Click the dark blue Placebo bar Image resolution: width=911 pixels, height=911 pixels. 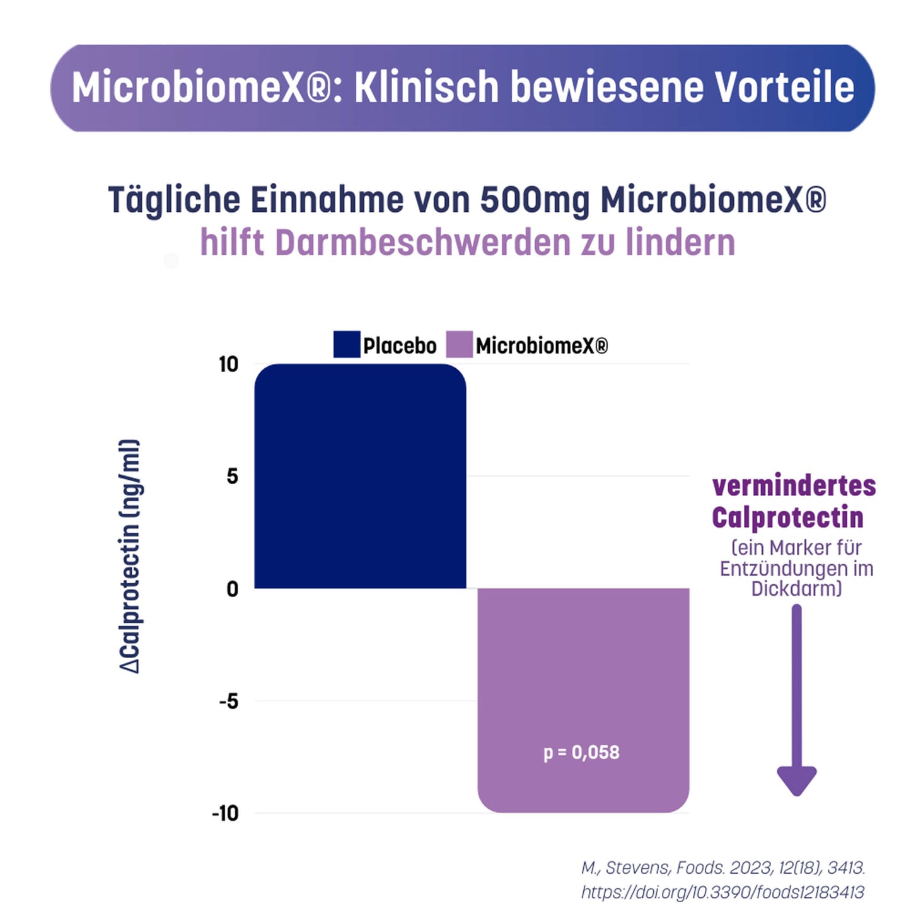tap(360, 476)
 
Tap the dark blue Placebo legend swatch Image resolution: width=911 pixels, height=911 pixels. tap(347, 344)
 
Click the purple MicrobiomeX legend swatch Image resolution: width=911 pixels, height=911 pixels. tap(459, 344)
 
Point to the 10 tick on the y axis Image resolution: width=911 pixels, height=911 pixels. tap(229, 364)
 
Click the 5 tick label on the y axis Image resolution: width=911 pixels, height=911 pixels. tap(233, 476)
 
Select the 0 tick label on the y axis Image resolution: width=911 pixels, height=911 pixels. tap(233, 589)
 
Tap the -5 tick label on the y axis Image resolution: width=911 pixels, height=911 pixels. tap(229, 701)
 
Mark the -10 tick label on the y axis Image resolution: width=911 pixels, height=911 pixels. tap(226, 813)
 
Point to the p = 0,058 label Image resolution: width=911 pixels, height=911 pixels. tap(581, 752)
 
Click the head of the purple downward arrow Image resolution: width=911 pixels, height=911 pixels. tap(796, 780)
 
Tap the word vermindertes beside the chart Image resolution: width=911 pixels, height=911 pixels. tap(794, 486)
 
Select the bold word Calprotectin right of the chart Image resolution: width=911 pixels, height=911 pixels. tap(787, 518)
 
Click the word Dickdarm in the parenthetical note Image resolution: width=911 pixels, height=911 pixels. tap(796, 588)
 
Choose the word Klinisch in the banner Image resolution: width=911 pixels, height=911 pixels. tap(427, 87)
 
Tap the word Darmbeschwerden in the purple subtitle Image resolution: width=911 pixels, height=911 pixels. tap(422, 243)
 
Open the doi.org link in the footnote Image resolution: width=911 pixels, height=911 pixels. tap(722, 891)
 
